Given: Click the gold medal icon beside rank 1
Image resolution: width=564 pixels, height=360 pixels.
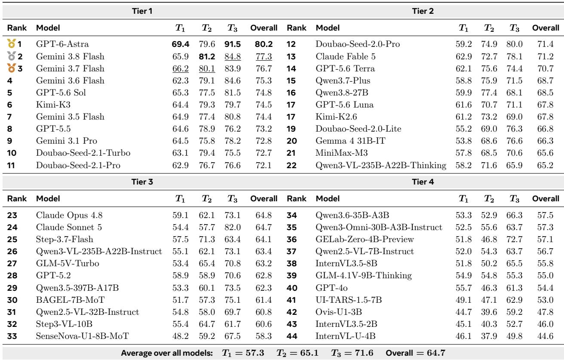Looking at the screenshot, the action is [x=11, y=43].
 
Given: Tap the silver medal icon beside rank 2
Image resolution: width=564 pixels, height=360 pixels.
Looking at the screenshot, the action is [x=11, y=56].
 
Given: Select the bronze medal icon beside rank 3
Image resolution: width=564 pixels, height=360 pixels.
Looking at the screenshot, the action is [x=11, y=68].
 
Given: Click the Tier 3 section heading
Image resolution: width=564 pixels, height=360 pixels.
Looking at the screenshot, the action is [x=142, y=182].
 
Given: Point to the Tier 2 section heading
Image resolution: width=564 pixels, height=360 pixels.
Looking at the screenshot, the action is [x=423, y=11].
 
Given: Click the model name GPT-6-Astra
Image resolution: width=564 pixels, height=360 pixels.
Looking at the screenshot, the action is [x=62, y=44].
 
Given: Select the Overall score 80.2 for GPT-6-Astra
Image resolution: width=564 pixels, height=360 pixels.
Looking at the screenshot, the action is [x=264, y=44].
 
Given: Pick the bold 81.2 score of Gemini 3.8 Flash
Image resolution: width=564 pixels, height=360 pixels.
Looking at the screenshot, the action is [x=207, y=56].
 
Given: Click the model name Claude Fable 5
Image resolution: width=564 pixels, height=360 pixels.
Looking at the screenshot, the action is [x=346, y=56].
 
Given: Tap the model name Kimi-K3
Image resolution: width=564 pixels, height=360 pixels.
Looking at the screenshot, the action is [x=53, y=105].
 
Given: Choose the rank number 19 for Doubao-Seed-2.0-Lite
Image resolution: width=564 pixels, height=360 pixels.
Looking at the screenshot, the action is [x=291, y=129].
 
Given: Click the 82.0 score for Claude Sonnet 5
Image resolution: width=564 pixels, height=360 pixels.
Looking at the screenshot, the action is [x=233, y=227].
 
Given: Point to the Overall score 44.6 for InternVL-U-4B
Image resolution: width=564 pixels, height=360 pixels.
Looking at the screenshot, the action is [x=545, y=336].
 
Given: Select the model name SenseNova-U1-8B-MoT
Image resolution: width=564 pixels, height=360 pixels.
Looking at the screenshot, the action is [x=83, y=336].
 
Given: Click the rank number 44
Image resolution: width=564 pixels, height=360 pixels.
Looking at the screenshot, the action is [x=292, y=336].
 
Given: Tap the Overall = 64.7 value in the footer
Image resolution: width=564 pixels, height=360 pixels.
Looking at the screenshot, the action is [x=415, y=353].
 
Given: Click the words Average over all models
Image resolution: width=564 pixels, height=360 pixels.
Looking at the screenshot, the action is [x=167, y=353].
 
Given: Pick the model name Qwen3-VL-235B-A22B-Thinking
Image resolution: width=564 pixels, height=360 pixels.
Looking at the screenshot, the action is [x=381, y=165].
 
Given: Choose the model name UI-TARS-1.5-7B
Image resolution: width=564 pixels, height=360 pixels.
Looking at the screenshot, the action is [x=349, y=300].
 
